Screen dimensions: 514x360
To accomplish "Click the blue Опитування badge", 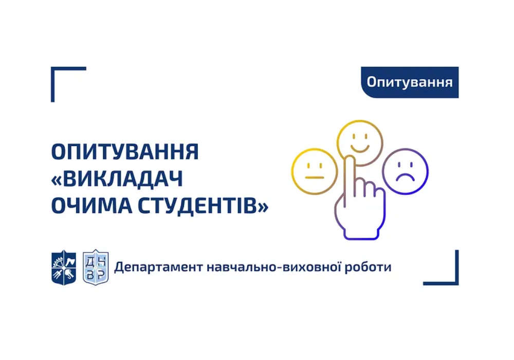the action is click(x=410, y=82).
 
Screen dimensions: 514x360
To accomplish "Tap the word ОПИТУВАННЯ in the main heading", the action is click(x=125, y=152).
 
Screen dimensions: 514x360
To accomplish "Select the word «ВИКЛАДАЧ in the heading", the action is click(x=117, y=178).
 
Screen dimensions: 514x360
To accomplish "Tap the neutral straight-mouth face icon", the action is click(x=315, y=172).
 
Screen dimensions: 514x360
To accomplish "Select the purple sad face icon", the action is click(x=406, y=172).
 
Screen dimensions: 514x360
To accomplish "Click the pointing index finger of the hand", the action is click(x=350, y=177).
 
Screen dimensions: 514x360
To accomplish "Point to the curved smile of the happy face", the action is click(x=360, y=149).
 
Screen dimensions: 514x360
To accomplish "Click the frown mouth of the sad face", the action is click(x=406, y=177).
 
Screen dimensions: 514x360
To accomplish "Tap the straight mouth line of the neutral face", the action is click(x=315, y=177).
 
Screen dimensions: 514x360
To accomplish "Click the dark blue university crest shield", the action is click(x=64, y=267).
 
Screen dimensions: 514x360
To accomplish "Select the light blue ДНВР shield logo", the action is click(x=96, y=267).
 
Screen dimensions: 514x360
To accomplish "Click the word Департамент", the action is click(x=159, y=267).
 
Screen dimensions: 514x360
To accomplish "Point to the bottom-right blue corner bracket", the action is click(x=456, y=282).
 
